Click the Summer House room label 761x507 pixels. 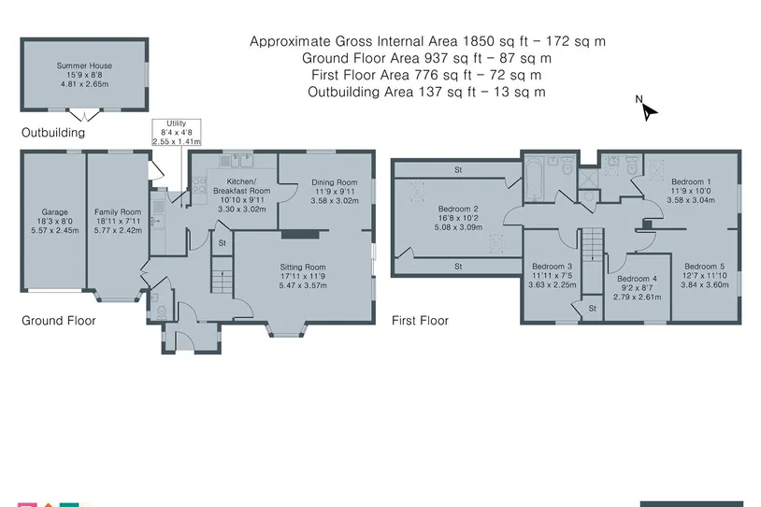click(84, 65)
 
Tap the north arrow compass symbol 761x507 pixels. click(646, 109)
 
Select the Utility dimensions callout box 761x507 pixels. click(176, 133)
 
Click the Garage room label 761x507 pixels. click(54, 212)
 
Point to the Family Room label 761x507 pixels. click(118, 212)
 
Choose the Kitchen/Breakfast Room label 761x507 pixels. click(242, 186)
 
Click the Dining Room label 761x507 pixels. click(335, 182)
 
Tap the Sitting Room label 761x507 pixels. click(302, 268)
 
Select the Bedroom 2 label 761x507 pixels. click(458, 209)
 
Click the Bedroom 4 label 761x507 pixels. click(637, 279)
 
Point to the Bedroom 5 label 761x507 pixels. click(704, 266)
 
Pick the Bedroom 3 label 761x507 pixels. click(552, 266)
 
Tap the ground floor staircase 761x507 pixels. click(222, 275)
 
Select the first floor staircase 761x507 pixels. click(592, 245)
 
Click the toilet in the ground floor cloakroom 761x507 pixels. click(161, 311)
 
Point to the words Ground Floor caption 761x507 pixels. click(59, 321)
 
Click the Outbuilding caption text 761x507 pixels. click(53, 133)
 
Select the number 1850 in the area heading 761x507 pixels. click(480, 41)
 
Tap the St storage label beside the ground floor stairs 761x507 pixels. click(222, 243)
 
